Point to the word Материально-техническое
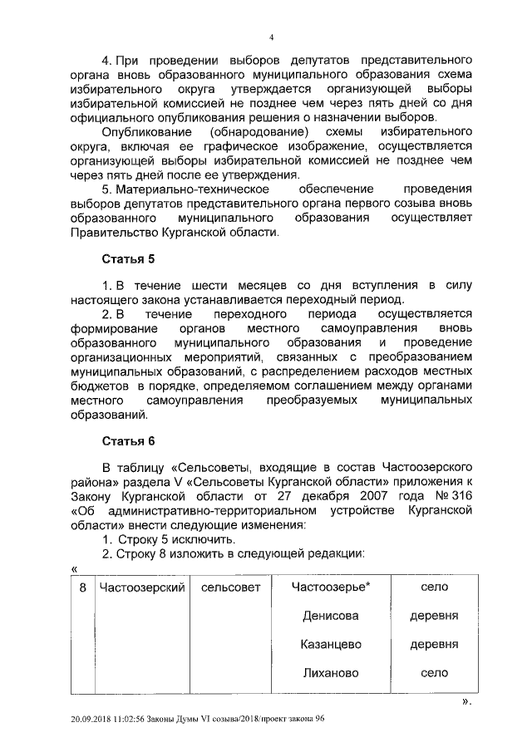[196, 189]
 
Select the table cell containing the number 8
[82, 587]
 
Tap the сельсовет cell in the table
[230, 587]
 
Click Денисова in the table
[330, 616]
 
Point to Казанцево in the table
[330, 644]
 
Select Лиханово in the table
[330, 672]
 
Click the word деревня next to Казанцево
[429, 644]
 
